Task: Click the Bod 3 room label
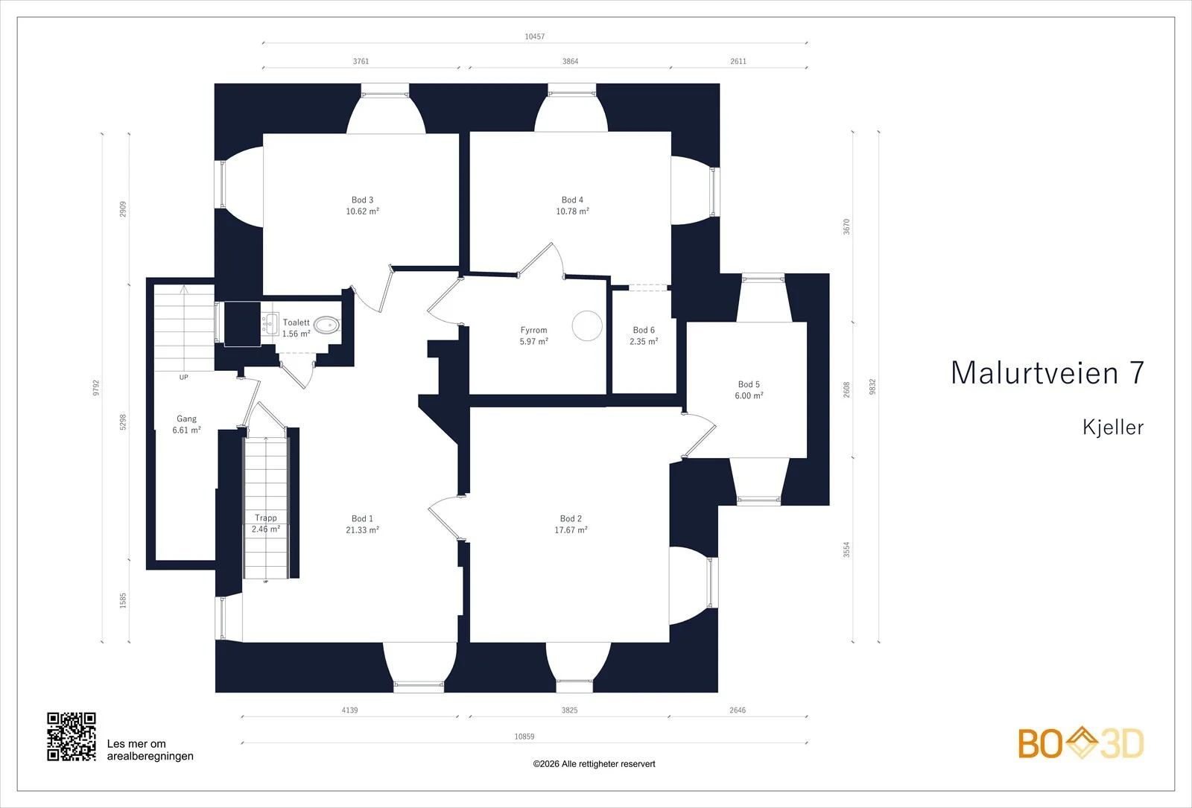[x=362, y=200]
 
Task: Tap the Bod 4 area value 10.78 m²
[x=573, y=211]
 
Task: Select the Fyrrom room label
[x=533, y=331]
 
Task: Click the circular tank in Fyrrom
[x=587, y=325]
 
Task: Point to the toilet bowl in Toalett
[x=326, y=325]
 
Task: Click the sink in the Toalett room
[x=270, y=323]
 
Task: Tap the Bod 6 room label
[x=644, y=331]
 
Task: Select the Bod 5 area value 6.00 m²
[x=749, y=395]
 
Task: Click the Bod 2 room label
[x=571, y=518]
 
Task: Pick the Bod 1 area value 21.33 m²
[x=362, y=529]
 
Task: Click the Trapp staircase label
[x=265, y=518]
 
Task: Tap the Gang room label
[x=186, y=419]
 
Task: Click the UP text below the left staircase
[x=183, y=377]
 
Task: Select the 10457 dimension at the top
[x=535, y=36]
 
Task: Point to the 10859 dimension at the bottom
[x=524, y=737]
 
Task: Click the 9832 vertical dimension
[x=872, y=386]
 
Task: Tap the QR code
[x=72, y=737]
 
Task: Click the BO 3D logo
[x=1081, y=743]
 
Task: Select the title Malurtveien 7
[x=1047, y=373]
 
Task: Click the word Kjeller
[x=1113, y=427]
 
